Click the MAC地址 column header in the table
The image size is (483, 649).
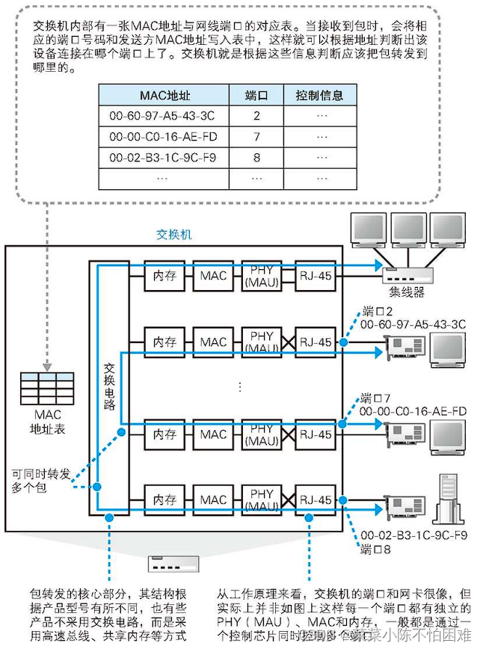[162, 96]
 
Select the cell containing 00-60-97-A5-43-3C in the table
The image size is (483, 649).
[162, 116]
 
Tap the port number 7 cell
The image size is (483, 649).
[256, 137]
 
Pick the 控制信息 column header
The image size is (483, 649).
[320, 96]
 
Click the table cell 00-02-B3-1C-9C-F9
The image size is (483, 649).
[162, 158]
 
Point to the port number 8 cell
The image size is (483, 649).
[256, 158]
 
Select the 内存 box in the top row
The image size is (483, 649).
[164, 276]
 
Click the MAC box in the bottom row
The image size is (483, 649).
[213, 499]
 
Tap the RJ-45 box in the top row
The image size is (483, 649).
[314, 276]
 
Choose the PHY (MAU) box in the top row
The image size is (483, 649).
[262, 276]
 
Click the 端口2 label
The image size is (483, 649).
[378, 310]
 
